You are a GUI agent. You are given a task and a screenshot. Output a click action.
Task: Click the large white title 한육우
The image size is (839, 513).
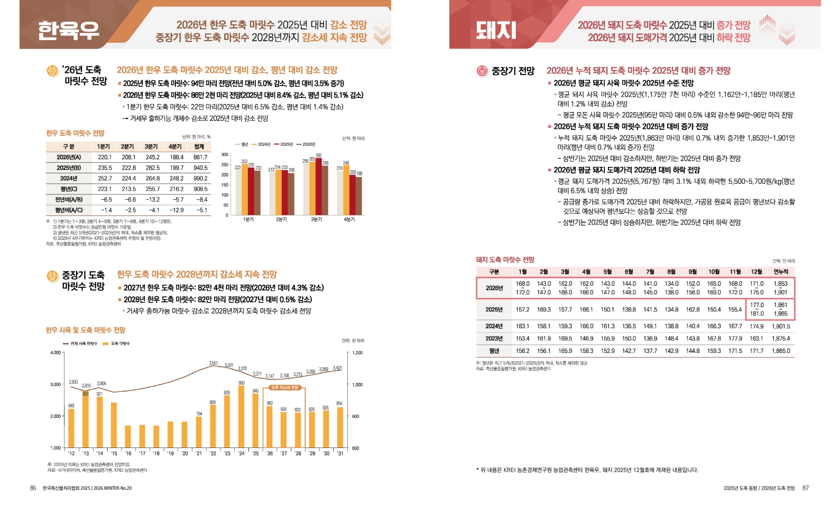[69, 30]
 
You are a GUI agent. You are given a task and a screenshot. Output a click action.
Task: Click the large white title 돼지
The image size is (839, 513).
[495, 30]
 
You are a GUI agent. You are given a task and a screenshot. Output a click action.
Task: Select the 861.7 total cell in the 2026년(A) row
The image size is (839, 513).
[200, 157]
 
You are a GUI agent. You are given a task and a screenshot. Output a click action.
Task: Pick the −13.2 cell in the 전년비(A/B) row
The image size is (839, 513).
[152, 199]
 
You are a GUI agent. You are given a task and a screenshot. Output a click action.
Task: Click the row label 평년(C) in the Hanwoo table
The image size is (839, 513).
[69, 189]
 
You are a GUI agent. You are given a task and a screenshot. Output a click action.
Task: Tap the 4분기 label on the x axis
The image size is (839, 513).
[349, 219]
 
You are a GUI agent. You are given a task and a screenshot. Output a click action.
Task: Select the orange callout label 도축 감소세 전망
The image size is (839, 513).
[285, 387]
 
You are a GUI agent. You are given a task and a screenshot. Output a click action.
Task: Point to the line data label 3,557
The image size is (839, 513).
[213, 363]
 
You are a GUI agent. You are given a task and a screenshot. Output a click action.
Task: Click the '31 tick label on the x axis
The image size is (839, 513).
[340, 453]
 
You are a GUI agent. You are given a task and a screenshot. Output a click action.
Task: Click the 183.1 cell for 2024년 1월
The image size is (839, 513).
[522, 326]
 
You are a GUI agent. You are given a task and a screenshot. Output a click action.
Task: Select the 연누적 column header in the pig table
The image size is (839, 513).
[780, 272]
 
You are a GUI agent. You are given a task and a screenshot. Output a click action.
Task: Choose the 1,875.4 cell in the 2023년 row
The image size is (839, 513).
[780, 339]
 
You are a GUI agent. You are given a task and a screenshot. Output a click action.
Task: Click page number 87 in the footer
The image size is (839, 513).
[806, 488]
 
